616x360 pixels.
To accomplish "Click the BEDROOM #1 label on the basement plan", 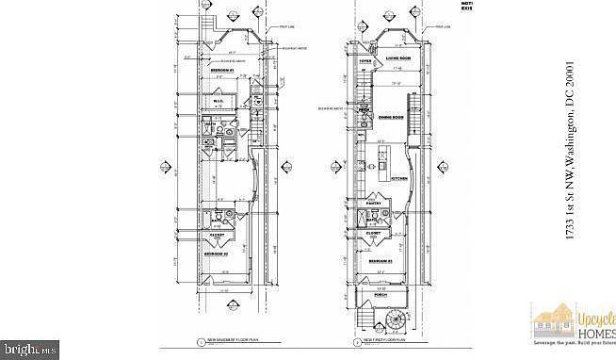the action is [223, 71].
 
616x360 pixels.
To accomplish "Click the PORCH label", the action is [380, 295].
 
